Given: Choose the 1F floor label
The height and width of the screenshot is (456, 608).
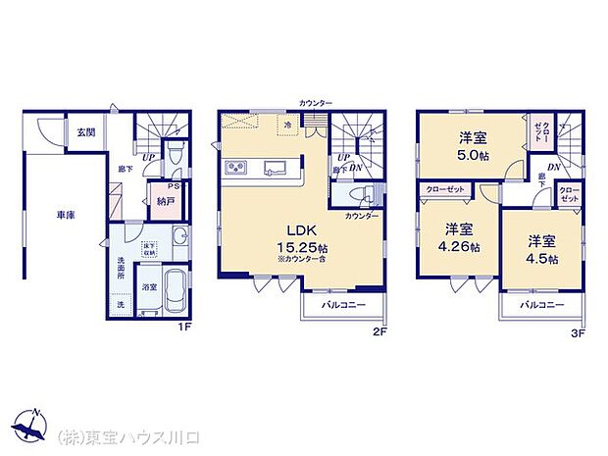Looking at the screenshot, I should [182, 327].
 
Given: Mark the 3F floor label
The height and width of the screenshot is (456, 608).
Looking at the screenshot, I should [579, 332].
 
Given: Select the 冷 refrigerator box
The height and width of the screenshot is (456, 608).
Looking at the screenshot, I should [288, 127].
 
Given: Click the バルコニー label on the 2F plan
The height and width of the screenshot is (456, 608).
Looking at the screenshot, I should [345, 306].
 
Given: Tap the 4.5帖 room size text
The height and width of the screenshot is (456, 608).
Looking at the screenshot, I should [540, 258].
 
